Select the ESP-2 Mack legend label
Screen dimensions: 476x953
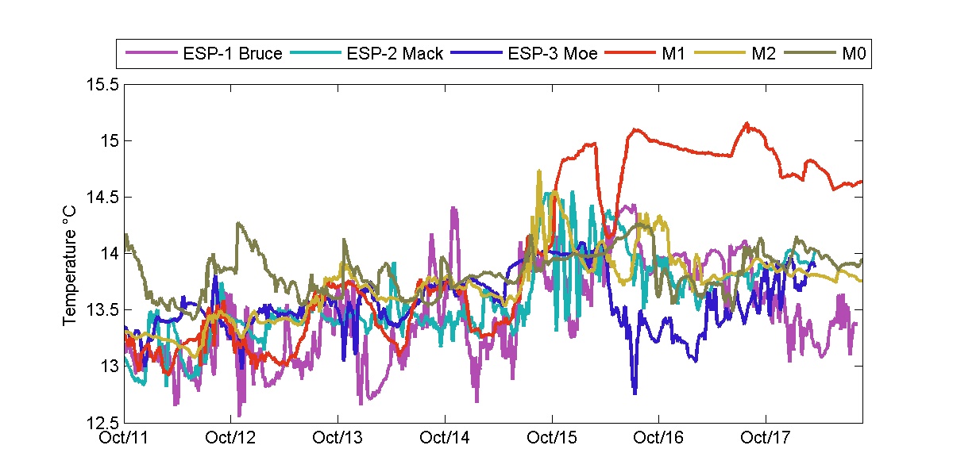(x=394, y=55)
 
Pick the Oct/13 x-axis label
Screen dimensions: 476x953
(x=338, y=437)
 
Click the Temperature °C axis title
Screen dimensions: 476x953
(x=71, y=254)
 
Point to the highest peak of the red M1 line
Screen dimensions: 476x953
(x=747, y=123)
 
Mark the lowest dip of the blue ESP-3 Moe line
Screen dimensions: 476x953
(x=635, y=393)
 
